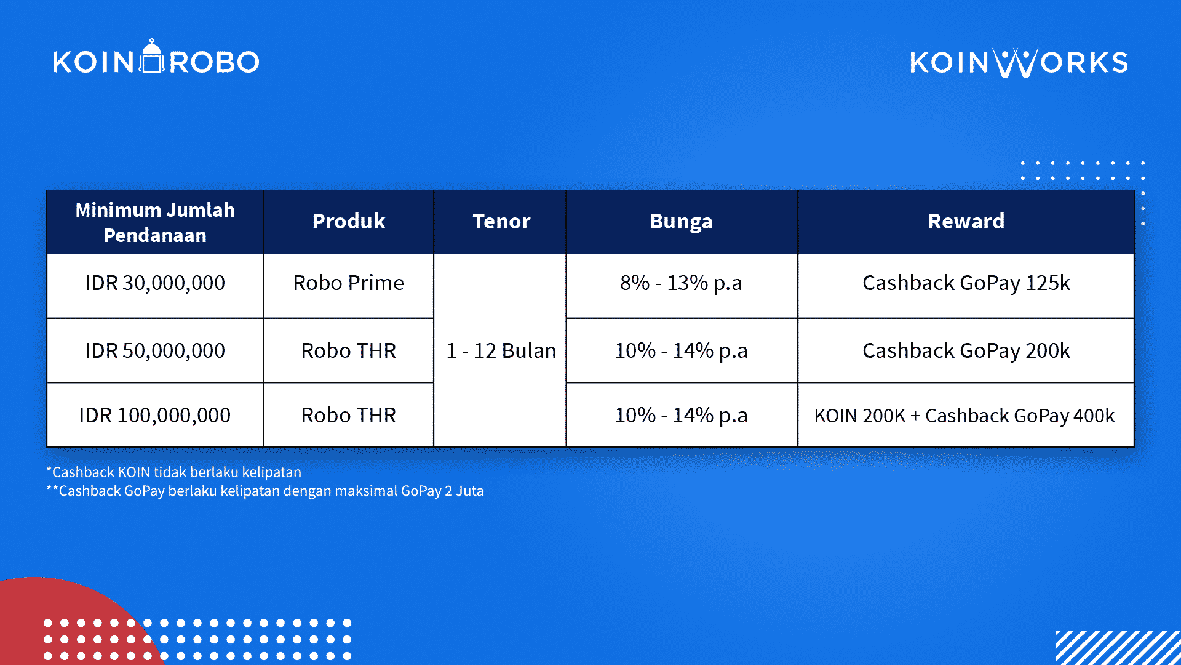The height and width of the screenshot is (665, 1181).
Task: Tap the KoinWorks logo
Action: click(x=1019, y=63)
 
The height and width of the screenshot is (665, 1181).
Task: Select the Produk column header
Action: click(x=349, y=222)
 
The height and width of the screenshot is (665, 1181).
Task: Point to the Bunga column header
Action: click(x=682, y=222)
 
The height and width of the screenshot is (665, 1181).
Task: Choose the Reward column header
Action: click(x=966, y=222)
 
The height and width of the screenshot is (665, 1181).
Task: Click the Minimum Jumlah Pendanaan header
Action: click(x=155, y=222)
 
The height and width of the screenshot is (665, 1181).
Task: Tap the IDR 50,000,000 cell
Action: click(x=155, y=350)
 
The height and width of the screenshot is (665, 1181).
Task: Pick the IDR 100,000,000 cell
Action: click(x=155, y=415)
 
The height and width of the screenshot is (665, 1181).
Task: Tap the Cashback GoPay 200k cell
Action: click(x=966, y=350)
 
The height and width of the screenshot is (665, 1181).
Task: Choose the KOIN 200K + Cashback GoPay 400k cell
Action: click(x=966, y=415)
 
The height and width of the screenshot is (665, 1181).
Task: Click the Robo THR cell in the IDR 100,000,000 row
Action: click(x=349, y=415)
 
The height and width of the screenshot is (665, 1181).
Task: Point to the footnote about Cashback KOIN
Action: click(x=174, y=472)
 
